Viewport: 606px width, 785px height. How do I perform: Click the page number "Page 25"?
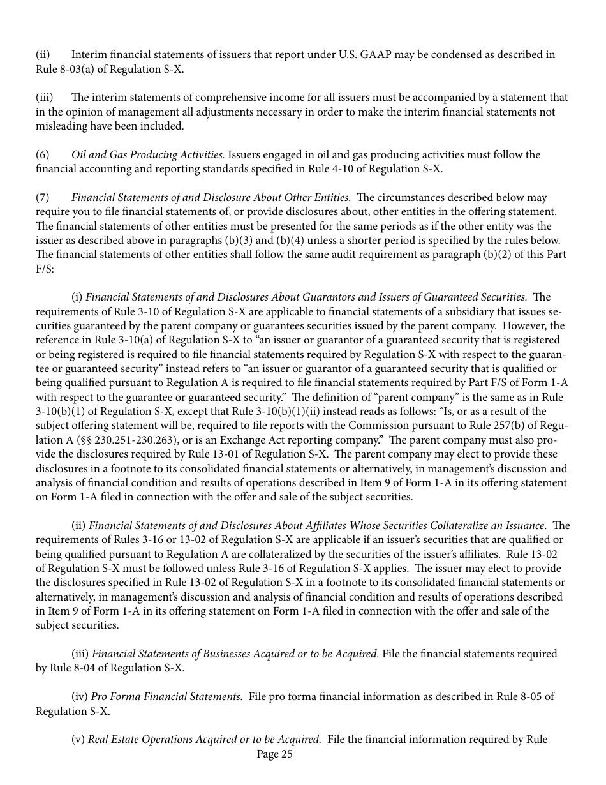click(x=274, y=754)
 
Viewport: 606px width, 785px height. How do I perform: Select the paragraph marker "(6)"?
click(x=42, y=155)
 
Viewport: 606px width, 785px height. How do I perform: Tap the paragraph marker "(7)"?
click(x=42, y=198)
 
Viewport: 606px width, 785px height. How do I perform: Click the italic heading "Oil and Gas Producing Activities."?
click(x=148, y=155)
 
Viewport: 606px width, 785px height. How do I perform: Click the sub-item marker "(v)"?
click(x=78, y=740)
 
